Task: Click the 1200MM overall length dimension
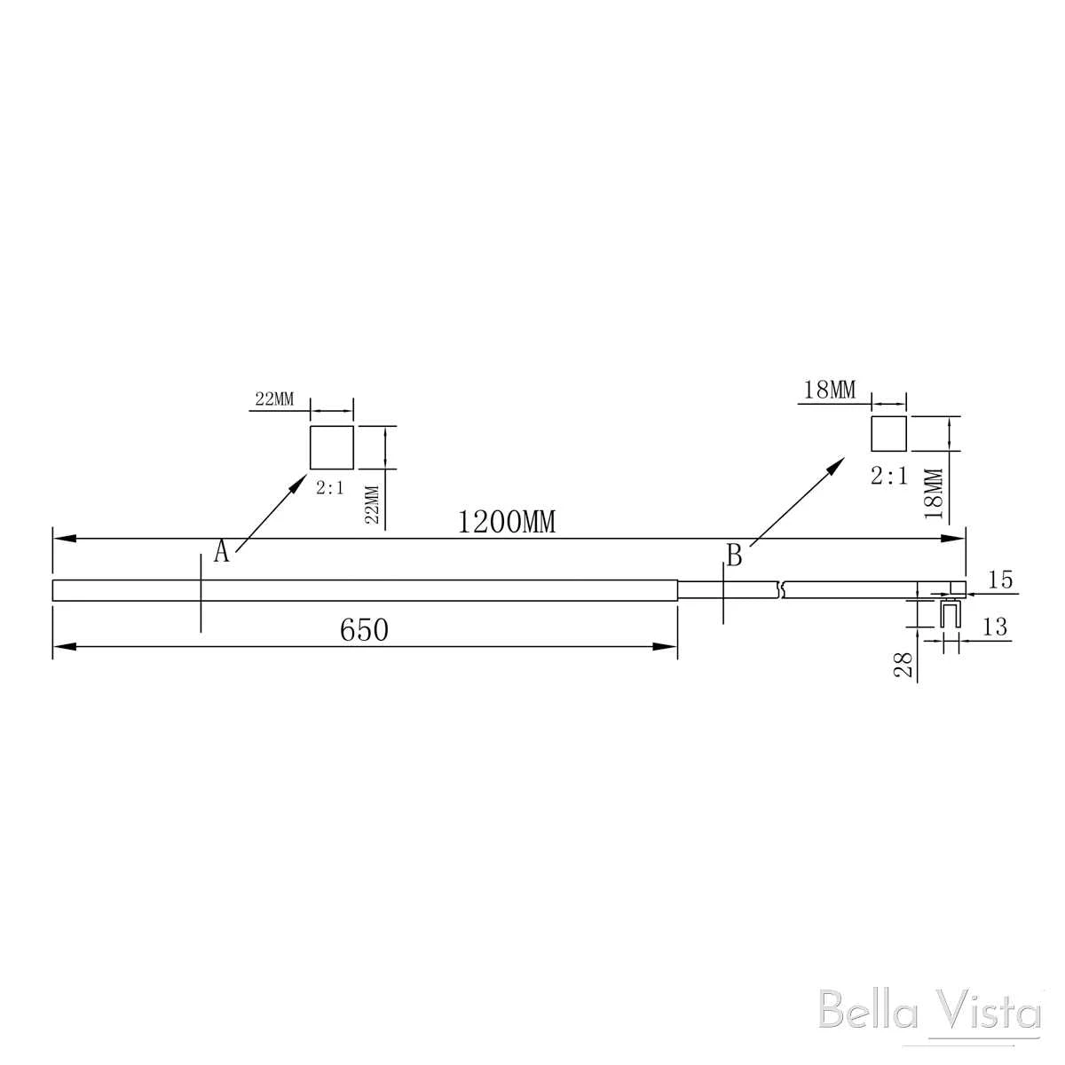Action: (506, 522)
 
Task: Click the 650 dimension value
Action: (364, 631)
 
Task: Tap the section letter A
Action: (221, 551)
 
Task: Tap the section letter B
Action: (734, 556)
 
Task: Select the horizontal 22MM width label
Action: (274, 398)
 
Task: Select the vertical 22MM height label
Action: (373, 504)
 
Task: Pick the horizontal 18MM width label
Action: (830, 390)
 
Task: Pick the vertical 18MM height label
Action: (934, 493)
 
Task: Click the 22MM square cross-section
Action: (332, 447)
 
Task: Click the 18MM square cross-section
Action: (888, 434)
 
